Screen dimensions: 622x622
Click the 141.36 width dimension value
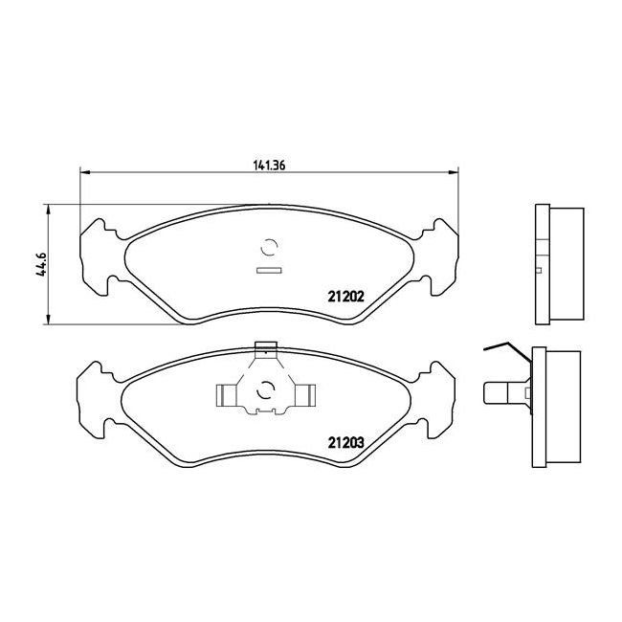269,165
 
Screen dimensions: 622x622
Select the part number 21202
345,297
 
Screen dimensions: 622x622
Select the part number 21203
345,442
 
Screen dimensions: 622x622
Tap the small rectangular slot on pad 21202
269,271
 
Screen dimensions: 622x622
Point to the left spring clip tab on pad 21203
226,395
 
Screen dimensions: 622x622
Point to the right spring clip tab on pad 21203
305,395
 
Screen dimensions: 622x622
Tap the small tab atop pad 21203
265,346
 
